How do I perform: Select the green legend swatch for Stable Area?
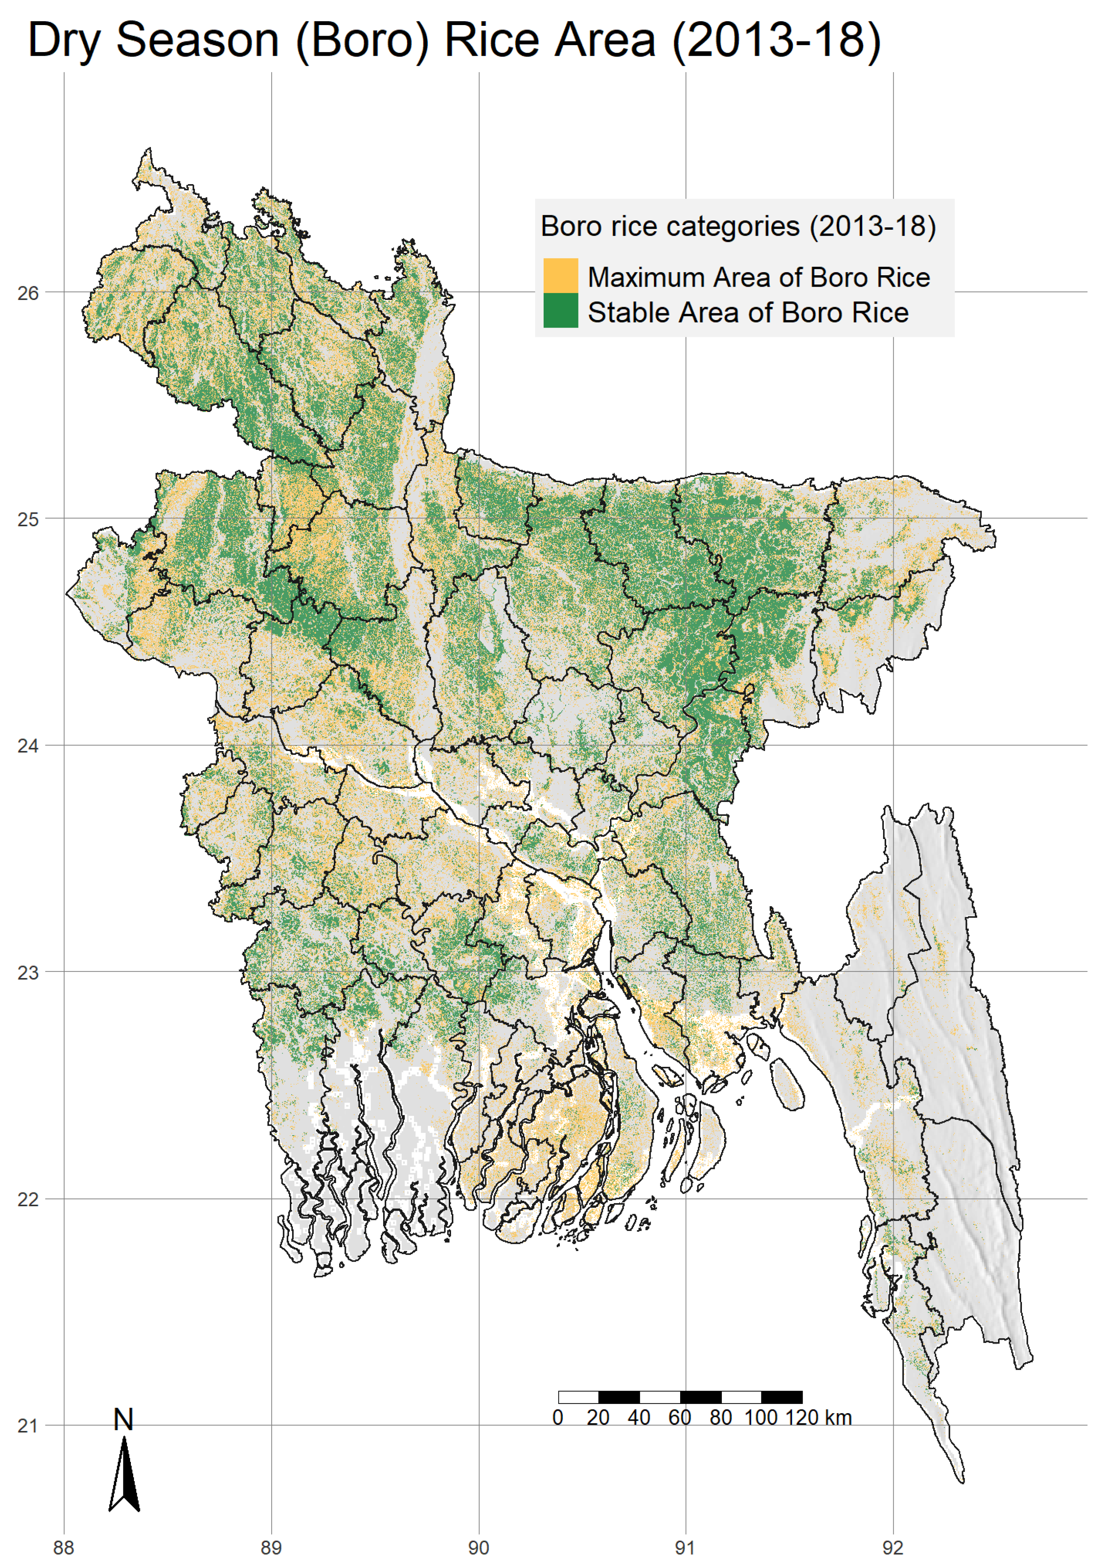560,311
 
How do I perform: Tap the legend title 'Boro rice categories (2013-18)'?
738,226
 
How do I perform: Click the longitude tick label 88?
64,1547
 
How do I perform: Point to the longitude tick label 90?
478,1547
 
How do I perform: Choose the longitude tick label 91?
685,1547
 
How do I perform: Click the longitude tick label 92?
893,1547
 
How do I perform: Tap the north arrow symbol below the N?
124,1475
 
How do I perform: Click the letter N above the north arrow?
124,1420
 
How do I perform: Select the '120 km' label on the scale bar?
818,1418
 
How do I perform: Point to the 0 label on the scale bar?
558,1418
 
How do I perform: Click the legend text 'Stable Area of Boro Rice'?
748,313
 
